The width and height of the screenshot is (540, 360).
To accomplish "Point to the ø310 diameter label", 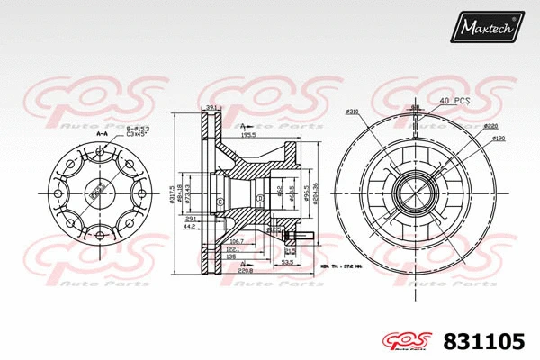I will (x=351, y=112).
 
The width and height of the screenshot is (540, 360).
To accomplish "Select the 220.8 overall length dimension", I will (x=245, y=270).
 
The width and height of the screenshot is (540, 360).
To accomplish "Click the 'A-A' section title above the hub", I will (x=102, y=135).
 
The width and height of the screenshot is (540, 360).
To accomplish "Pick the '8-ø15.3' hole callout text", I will (x=138, y=130).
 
